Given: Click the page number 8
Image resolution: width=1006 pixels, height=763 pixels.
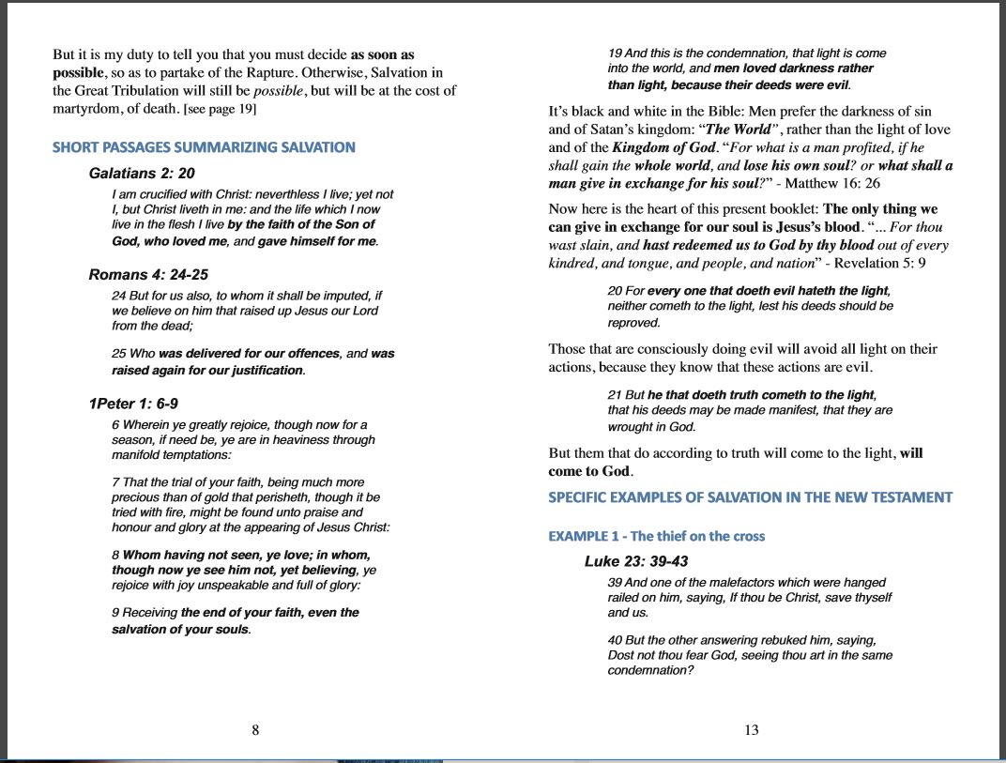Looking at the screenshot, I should (255, 730).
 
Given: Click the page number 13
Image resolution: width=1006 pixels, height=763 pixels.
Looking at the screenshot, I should (751, 730).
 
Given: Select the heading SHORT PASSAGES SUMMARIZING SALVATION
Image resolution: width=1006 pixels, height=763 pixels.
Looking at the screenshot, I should (204, 147).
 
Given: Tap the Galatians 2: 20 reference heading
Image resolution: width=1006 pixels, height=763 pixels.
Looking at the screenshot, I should (142, 174).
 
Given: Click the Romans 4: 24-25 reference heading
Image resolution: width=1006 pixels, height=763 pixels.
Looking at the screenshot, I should (148, 275).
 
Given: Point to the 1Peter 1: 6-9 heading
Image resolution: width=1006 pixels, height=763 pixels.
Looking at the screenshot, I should (133, 404).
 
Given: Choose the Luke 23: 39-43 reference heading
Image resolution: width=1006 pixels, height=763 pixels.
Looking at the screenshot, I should (635, 561).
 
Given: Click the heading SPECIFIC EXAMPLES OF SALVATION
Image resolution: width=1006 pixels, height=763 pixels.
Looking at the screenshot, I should (750, 497).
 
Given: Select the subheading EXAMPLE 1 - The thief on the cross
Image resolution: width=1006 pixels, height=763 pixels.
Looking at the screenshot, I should (656, 536).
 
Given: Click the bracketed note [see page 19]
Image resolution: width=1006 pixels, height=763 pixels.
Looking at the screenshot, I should (221, 109).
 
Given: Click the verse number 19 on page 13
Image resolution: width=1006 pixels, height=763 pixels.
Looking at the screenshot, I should (615, 53).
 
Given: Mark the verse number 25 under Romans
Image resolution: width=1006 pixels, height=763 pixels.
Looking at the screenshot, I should (118, 354).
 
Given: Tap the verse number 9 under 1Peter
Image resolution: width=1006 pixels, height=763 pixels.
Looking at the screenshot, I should (114, 613).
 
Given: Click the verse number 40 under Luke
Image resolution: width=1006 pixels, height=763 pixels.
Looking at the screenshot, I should (615, 640).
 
